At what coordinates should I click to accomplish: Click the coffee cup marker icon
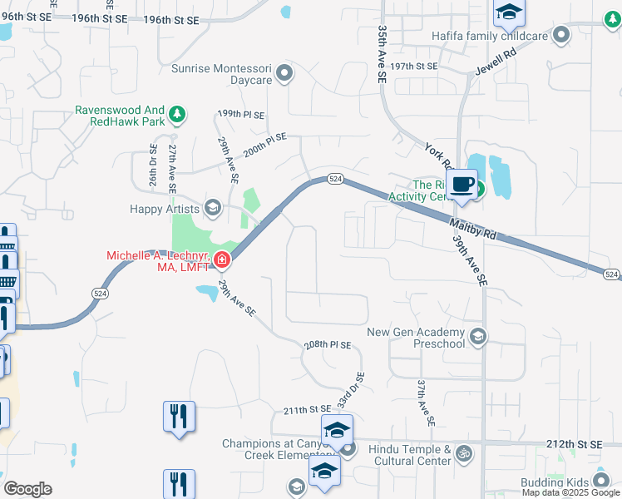click(x=463, y=184)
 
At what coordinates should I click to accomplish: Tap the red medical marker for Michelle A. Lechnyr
click(x=221, y=260)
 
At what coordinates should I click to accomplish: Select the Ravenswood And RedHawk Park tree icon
click(x=176, y=114)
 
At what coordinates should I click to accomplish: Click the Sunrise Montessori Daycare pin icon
click(x=285, y=73)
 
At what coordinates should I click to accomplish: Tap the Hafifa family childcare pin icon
click(x=560, y=36)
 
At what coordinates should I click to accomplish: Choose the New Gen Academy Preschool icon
click(x=477, y=337)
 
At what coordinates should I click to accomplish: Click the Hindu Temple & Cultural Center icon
click(x=465, y=454)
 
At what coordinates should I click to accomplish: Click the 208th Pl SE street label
click(x=328, y=344)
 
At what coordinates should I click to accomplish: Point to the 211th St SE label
click(x=307, y=410)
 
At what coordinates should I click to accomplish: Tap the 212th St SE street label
click(x=575, y=445)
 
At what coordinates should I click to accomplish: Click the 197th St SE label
click(x=414, y=66)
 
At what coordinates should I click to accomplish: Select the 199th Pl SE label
click(x=240, y=114)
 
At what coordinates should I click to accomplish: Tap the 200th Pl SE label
click(x=264, y=146)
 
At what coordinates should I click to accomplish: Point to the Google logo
click(x=27, y=489)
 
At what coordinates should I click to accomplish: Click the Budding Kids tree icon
click(x=600, y=482)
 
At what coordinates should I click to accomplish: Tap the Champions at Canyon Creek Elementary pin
click(x=348, y=449)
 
